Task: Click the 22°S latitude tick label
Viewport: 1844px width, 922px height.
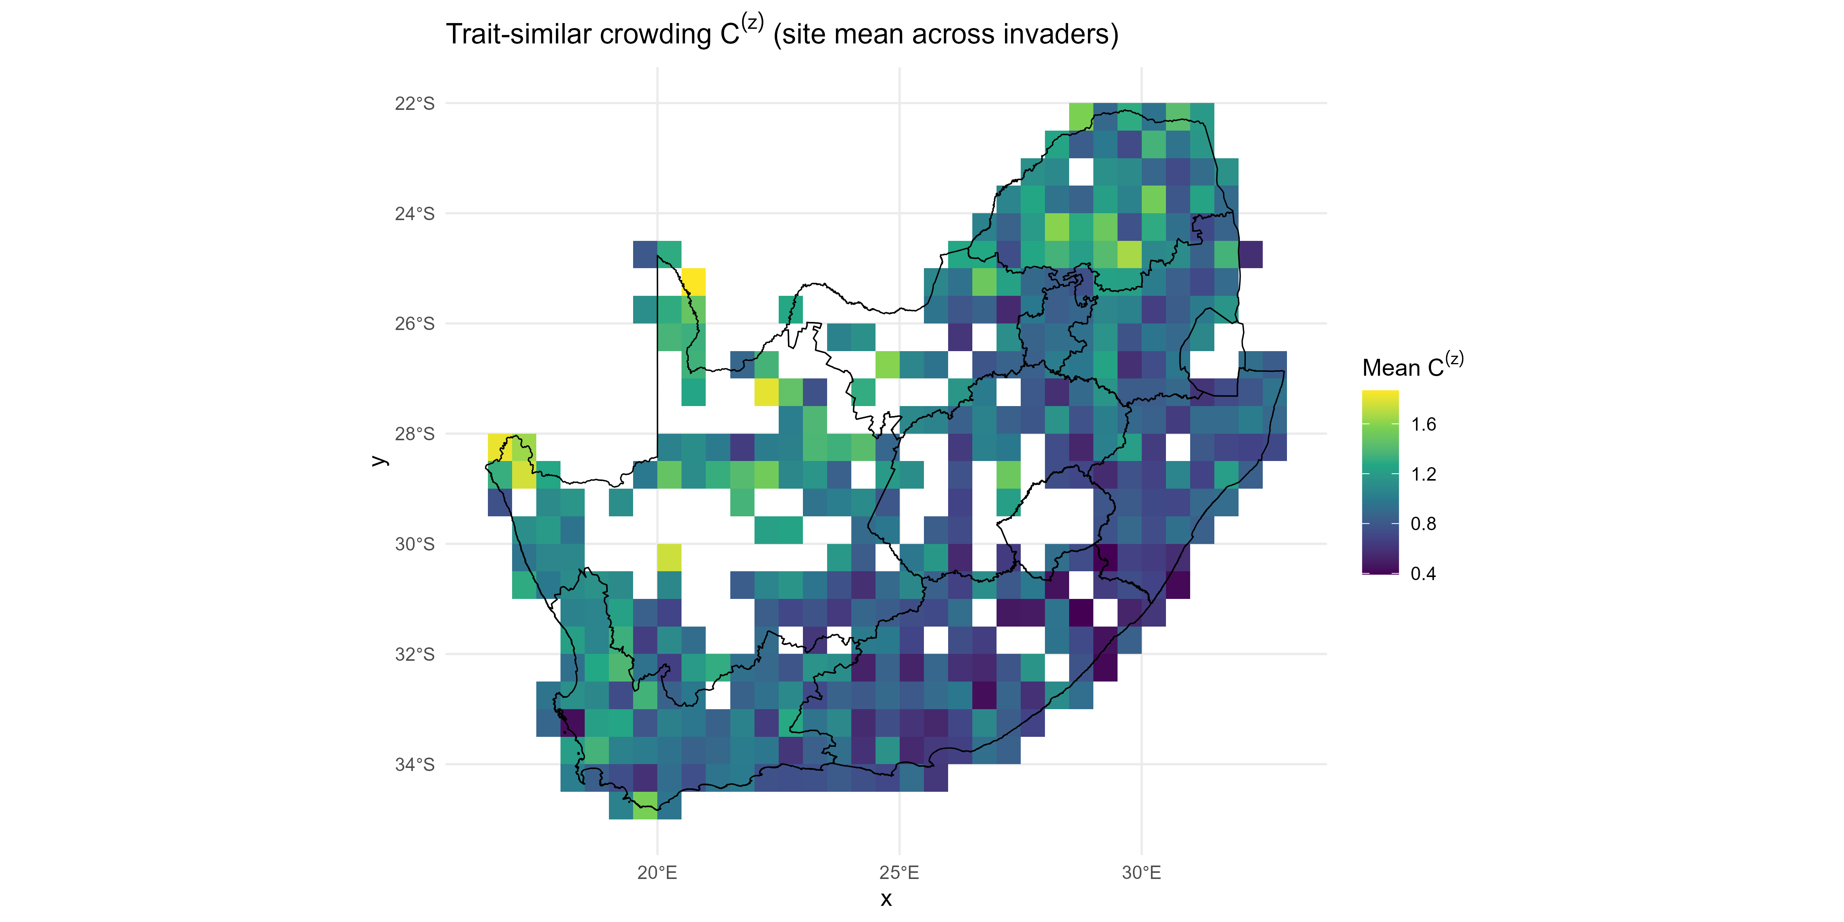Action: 415,104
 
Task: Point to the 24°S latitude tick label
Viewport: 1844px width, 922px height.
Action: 415,214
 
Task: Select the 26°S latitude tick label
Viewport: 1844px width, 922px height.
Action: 415,324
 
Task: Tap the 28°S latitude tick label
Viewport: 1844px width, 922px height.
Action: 415,434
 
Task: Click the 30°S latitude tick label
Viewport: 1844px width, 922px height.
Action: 415,545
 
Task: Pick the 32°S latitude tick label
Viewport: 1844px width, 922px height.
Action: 415,655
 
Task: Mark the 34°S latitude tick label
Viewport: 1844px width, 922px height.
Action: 415,765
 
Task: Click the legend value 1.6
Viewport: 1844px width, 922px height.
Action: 1423,425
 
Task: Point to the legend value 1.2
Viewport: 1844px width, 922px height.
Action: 1423,474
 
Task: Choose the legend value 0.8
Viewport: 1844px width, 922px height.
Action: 1423,524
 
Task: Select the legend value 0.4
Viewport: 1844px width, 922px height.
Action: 1423,574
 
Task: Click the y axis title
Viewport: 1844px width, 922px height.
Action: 380,460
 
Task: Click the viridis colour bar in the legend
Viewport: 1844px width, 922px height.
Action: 1380,482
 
